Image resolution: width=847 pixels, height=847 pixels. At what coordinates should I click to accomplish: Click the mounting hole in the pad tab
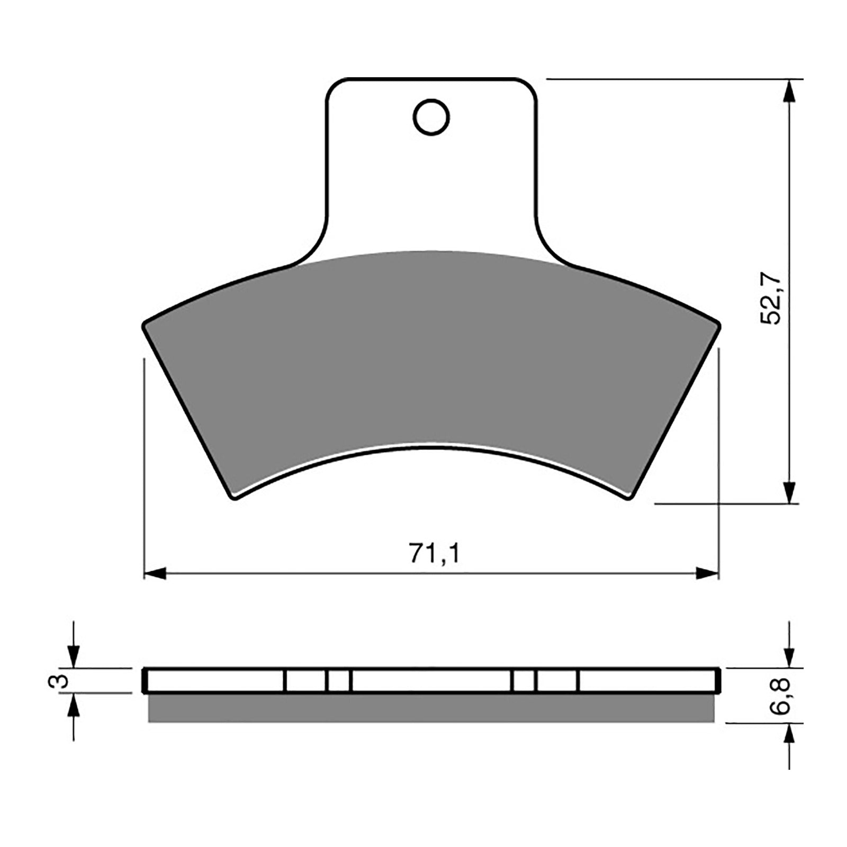(x=431, y=116)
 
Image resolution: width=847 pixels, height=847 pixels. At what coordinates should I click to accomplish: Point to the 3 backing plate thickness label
(x=61, y=681)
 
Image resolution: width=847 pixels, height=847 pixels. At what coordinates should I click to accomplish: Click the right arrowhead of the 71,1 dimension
(x=707, y=573)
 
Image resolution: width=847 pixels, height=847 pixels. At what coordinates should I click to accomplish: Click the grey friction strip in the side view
(x=431, y=708)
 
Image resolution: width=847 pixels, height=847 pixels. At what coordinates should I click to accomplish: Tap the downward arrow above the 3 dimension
(x=74, y=657)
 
